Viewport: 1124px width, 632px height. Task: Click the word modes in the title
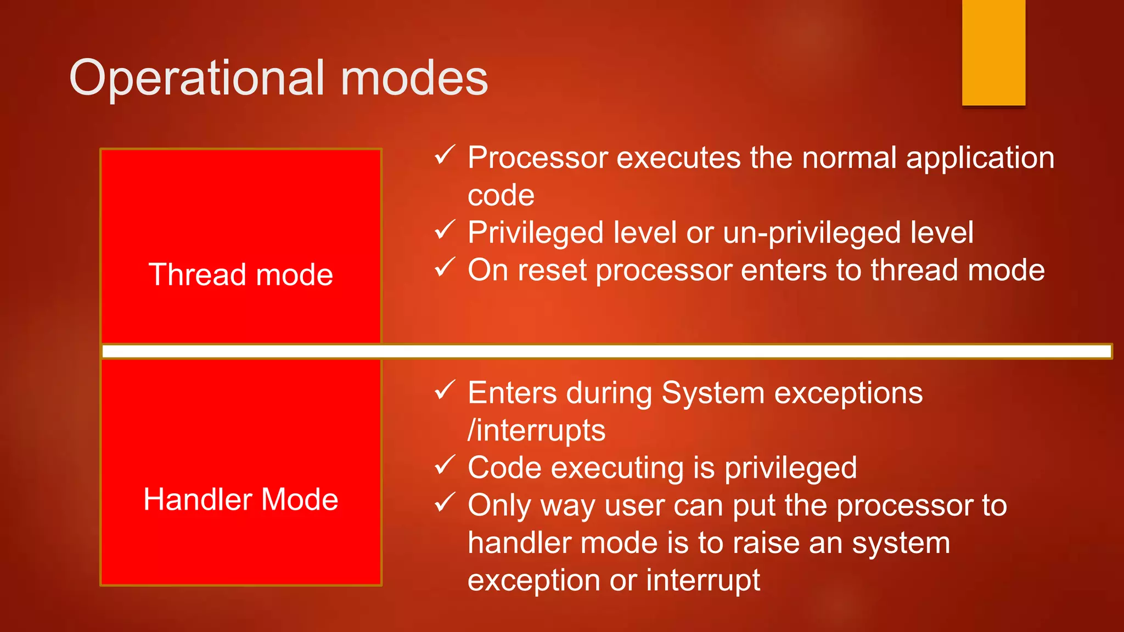pyautogui.click(x=414, y=78)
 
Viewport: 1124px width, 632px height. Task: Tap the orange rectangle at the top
pyautogui.click(x=993, y=52)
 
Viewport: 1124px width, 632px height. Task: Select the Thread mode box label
pyautogui.click(x=241, y=274)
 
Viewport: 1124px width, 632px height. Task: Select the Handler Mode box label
pyautogui.click(x=241, y=499)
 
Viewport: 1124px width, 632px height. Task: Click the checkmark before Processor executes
pyautogui.click(x=444, y=155)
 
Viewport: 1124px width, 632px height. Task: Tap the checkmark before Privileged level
pyautogui.click(x=444, y=230)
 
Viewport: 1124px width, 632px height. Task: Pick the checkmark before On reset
pyautogui.click(x=444, y=267)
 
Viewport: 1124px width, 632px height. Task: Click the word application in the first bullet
pyautogui.click(x=980, y=159)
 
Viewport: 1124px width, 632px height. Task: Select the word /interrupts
pyautogui.click(x=536, y=431)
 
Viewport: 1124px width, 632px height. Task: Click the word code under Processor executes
pyautogui.click(x=501, y=196)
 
